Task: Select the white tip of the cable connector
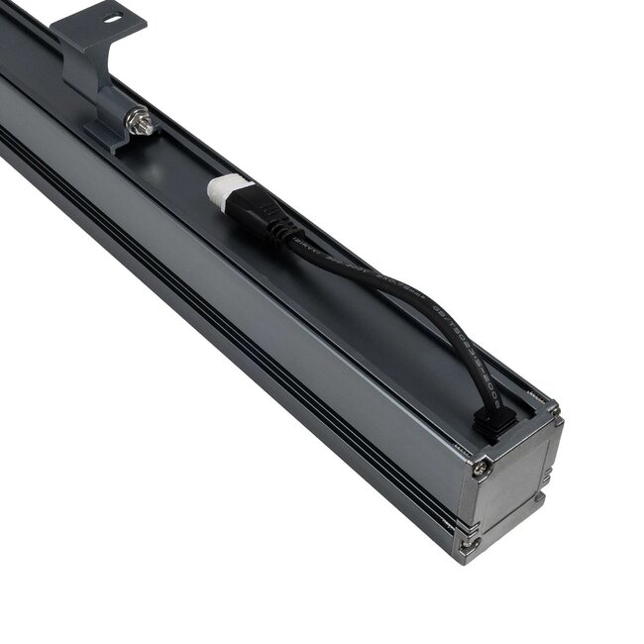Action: (x=227, y=190)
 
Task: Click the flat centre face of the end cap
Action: (x=510, y=485)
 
